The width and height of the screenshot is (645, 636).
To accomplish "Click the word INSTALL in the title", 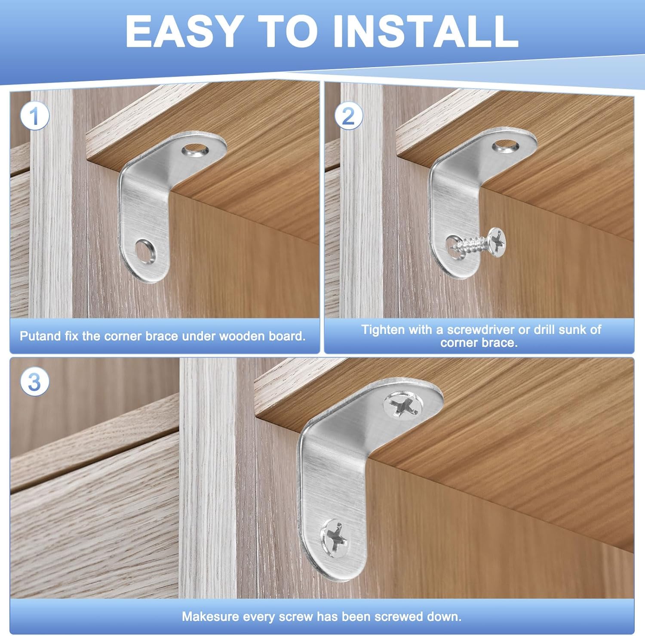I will (x=426, y=31).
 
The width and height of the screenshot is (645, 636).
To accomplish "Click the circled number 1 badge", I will (x=34, y=116).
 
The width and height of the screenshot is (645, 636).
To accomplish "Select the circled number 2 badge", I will (x=348, y=116).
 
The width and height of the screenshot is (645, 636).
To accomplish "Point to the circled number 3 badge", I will (x=34, y=381).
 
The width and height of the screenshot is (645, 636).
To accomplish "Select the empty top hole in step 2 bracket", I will (x=506, y=147).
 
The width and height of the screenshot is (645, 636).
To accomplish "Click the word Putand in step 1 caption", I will (x=41, y=336).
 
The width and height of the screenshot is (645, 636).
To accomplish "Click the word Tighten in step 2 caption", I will (x=383, y=330).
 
